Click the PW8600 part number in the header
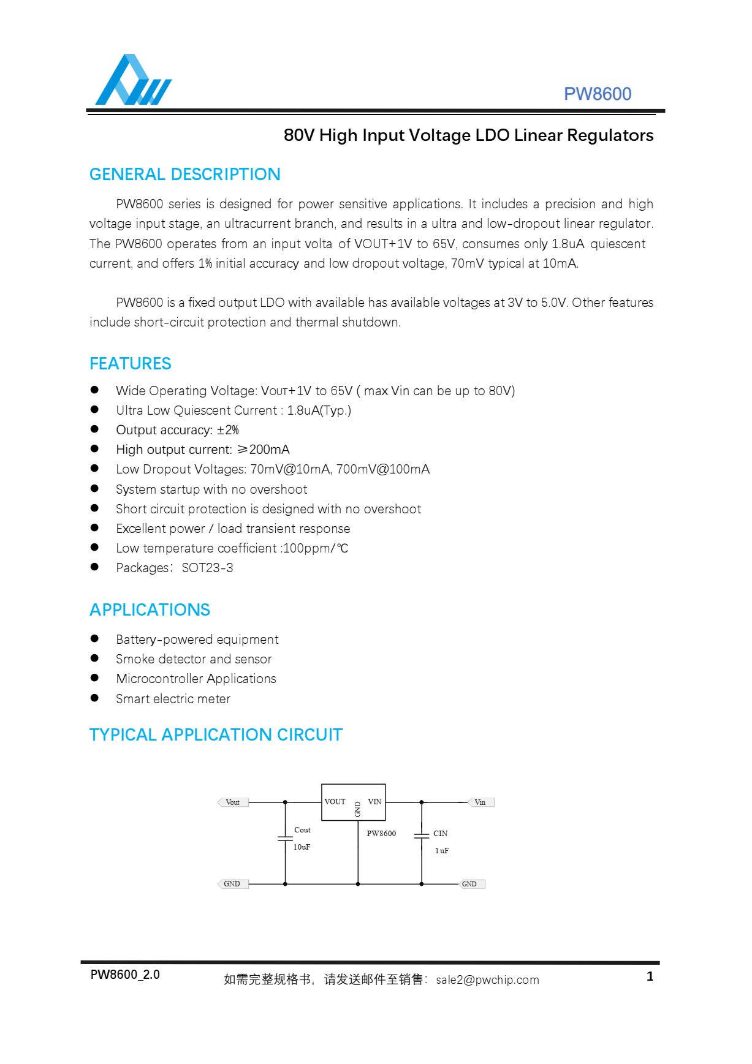(597, 94)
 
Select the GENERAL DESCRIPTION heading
(184, 175)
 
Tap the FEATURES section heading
(130, 364)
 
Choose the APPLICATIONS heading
(150, 610)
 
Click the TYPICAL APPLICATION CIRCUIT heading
(216, 735)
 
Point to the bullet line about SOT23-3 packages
(174, 568)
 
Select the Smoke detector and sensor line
(194, 659)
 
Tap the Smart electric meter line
(173, 699)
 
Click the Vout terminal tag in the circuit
(233, 802)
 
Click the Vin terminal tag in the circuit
(480, 802)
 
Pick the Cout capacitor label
(302, 830)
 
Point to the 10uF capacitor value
(302, 847)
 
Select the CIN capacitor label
(440, 834)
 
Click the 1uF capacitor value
(442, 851)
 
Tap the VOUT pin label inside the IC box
(335, 802)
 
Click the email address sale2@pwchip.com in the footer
(487, 980)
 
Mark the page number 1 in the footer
(650, 976)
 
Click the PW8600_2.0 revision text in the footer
(125, 975)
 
